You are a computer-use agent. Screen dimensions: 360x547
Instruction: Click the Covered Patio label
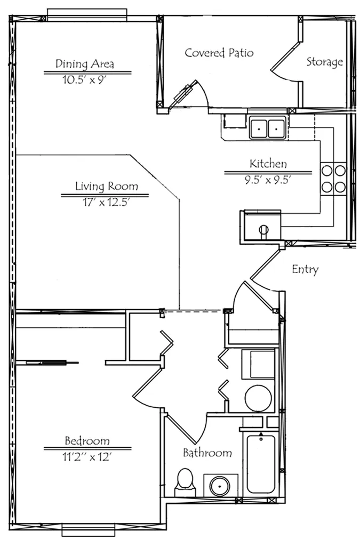pos(219,53)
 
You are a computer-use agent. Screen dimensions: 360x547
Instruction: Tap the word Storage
pos(324,62)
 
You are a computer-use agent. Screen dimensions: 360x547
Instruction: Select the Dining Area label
pos(84,64)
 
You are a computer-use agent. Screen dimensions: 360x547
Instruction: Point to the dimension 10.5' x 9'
pos(84,80)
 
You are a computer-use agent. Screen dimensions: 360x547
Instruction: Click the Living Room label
pos(106,186)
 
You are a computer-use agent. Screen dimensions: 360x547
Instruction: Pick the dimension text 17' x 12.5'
pos(106,202)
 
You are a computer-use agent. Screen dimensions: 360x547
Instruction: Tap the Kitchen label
pos(268,163)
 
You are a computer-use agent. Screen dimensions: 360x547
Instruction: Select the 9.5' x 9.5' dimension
pos(268,180)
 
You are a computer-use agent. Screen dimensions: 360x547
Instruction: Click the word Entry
pos(305,269)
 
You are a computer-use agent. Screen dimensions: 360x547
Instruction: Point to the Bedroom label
pos(87,440)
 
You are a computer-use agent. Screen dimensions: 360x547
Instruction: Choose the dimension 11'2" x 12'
pos(87,456)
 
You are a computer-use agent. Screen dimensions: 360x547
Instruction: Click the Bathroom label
pos(207,453)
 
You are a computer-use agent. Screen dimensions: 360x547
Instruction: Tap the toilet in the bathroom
pos(185,482)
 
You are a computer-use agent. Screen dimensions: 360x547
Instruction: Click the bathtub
pos(261,463)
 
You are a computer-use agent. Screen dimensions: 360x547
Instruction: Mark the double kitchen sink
pos(268,127)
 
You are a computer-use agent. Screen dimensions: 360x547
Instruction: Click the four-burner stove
pos(333,179)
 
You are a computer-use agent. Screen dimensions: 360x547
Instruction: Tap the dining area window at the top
pos(87,15)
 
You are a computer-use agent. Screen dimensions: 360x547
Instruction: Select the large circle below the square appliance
pos(259,398)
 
